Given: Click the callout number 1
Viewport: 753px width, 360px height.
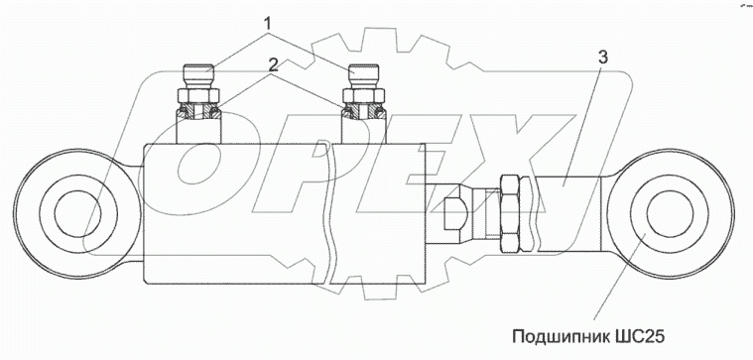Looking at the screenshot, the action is (270, 23).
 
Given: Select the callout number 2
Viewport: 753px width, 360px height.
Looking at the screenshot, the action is (272, 62).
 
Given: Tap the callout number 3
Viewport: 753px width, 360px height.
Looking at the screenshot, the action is (603, 57).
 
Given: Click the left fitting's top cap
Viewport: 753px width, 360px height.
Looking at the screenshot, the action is (198, 76).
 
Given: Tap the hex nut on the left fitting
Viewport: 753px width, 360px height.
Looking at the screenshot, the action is (198, 96).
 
